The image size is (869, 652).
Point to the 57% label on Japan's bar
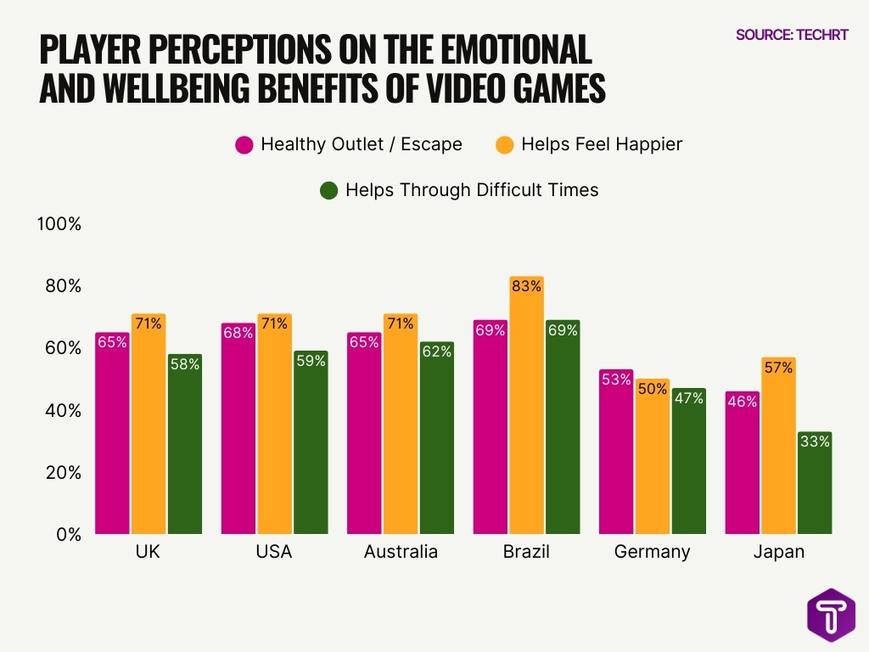pos(778,368)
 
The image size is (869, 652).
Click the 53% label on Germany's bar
pos(616,379)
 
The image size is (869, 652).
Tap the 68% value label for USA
pos(238,333)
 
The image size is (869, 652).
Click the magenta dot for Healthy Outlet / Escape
pos(244,144)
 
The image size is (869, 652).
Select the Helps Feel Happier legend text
pos(602,144)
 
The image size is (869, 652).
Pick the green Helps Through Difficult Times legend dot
pos(329,190)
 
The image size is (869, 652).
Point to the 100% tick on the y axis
pos(59,224)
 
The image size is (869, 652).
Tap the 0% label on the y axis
pos(67,534)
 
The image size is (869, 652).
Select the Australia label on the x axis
pos(401,552)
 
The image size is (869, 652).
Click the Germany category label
pos(652,552)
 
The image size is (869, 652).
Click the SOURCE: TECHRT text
pos(791,35)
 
